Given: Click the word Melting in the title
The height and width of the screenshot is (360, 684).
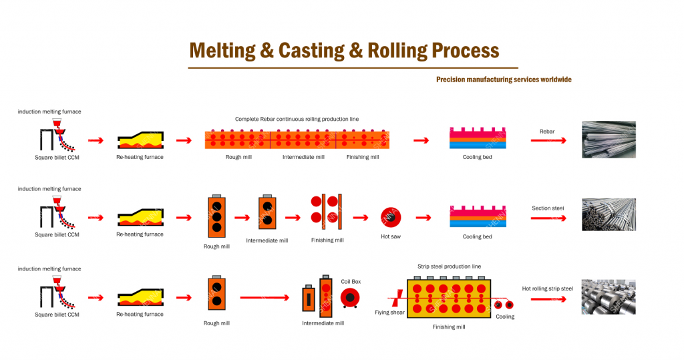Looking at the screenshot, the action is tap(222, 51).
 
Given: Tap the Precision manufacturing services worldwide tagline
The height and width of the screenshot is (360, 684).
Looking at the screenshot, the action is tap(504, 79).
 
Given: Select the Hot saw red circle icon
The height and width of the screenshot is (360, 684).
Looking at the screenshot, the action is tap(391, 217).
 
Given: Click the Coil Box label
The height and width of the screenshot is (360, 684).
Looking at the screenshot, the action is tap(351, 282).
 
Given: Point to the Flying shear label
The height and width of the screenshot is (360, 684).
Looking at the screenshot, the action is tap(389, 313).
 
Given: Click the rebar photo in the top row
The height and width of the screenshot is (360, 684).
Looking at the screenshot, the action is tap(609, 140).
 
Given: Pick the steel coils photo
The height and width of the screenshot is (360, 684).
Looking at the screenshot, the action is tap(609, 297).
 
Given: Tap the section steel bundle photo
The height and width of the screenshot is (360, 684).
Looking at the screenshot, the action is tap(609, 214).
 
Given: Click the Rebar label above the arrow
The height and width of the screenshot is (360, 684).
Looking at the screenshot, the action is tap(547, 132).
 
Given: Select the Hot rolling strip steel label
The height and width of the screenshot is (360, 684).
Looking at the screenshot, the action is tap(548, 289).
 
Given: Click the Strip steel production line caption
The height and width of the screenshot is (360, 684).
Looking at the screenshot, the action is tap(450, 266).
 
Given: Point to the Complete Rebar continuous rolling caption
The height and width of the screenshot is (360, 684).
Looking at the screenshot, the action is tap(297, 119).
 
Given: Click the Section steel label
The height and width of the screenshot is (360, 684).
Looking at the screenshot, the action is tap(548, 208).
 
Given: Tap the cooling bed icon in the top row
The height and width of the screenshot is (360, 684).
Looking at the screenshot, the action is tap(478, 138).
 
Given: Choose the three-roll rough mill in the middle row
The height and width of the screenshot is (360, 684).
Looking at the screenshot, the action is tap(217, 216).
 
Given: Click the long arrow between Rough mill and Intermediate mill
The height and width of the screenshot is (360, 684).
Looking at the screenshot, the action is tap(265, 298).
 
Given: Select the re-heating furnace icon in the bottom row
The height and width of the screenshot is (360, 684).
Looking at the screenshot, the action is tap(140, 298).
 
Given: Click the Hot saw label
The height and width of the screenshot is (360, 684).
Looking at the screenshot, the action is tap(391, 236).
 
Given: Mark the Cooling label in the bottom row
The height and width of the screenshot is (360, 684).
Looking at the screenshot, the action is tap(505, 317).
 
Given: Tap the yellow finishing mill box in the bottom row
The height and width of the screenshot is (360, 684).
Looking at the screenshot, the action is tap(449, 299).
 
